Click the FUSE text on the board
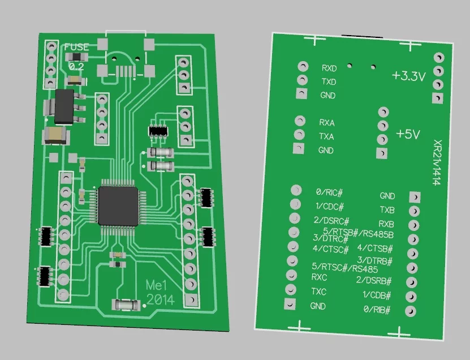point(76,48)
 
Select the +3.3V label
point(408,76)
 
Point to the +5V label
point(408,134)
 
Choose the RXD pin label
point(329,68)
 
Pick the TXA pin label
point(326,136)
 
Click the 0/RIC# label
point(330,192)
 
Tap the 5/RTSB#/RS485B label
point(358,232)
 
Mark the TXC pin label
point(319,292)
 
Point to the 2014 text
point(160,299)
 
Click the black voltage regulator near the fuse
point(63,108)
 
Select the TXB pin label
point(387,210)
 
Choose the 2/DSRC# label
point(331,220)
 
